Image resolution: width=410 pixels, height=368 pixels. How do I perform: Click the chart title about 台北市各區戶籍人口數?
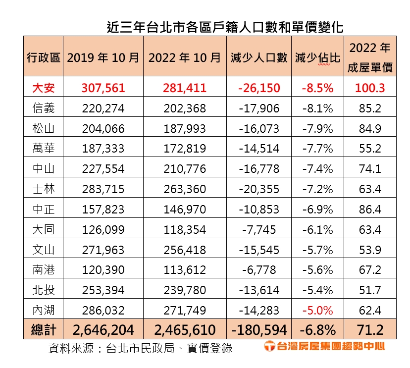point(225,26)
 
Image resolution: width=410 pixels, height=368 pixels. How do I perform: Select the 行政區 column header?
point(43,57)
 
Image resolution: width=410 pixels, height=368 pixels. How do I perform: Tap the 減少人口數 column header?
point(259,57)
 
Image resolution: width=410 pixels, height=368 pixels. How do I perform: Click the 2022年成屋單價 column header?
point(370,57)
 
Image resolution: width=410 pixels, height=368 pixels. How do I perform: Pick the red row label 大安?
point(43,88)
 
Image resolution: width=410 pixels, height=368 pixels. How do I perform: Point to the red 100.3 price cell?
point(370,88)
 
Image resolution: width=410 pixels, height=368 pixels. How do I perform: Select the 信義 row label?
point(43,108)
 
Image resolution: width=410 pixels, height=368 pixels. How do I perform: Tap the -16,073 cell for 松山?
point(259,128)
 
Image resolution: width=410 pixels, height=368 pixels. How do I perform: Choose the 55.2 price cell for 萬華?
point(370,148)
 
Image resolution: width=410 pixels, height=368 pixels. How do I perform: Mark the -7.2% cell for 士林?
point(317,189)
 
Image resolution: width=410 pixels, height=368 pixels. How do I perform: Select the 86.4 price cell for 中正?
point(370,209)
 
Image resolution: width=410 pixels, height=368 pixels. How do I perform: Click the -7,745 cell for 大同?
point(259,229)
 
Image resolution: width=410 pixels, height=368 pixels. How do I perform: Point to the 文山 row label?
point(43,250)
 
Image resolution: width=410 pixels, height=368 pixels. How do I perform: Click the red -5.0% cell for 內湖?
point(317,311)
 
